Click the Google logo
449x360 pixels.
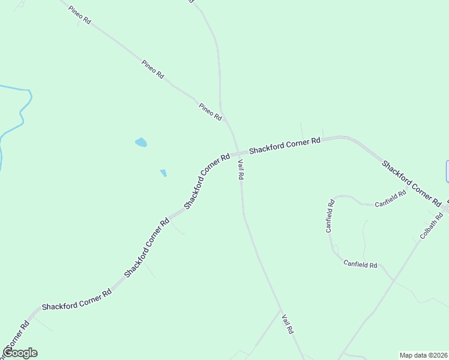click(20, 353)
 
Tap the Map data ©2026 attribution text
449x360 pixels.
click(423, 355)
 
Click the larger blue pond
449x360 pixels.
click(141, 142)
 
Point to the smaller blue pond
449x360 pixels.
click(163, 173)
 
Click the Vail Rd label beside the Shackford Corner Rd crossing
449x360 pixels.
click(240, 169)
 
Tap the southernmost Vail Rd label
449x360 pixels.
click(288, 324)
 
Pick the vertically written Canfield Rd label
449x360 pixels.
click(330, 216)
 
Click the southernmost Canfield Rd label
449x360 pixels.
click(360, 264)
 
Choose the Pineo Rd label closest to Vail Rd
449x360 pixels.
click(211, 111)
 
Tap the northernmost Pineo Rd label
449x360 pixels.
click(79, 15)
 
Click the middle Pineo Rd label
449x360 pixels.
click(152, 69)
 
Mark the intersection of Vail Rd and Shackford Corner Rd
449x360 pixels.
click(238, 152)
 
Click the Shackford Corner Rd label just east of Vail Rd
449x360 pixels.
click(285, 145)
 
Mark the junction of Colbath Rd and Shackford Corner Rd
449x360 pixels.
click(444, 211)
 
